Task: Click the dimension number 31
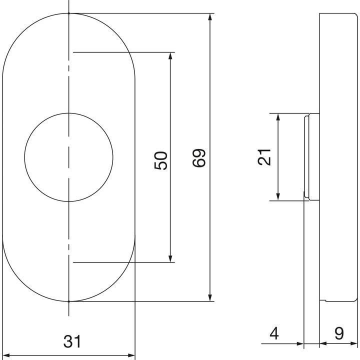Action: point(72,341)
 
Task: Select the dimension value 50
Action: point(161,160)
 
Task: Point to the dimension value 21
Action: point(264,157)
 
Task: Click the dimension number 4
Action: point(274,333)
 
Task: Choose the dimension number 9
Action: point(339,333)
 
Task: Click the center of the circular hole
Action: point(68,157)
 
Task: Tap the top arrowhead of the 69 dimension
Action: point(210,17)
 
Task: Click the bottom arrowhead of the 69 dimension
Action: point(210,297)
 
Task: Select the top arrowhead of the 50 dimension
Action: point(170,56)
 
